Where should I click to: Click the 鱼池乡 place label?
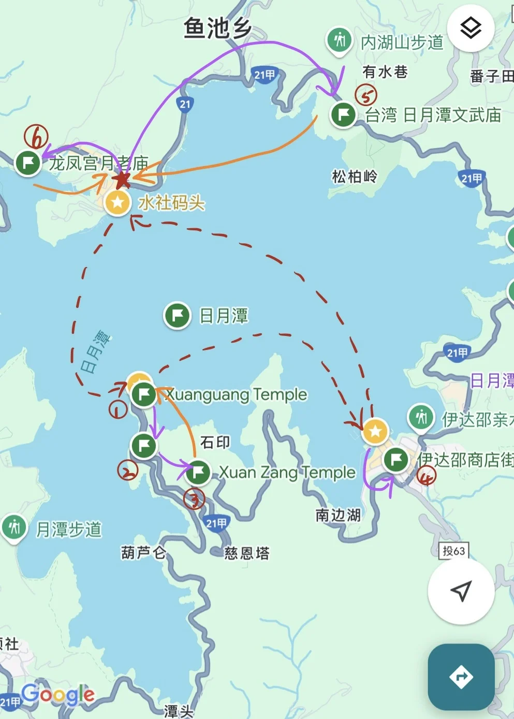217,28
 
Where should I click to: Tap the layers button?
471,28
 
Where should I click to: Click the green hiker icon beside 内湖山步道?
340,40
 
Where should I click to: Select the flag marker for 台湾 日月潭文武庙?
343,114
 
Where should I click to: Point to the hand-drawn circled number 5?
366,95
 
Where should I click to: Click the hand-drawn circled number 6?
36,137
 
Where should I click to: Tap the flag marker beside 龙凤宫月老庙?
28,163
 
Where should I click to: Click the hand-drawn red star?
122,180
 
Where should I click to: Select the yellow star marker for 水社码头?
118,202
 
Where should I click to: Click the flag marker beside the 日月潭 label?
177,315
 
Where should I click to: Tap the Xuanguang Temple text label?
237,394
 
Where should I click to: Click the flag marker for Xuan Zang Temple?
197,472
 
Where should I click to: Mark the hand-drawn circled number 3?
194,499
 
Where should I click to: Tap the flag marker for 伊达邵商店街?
396,459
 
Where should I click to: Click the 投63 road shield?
453,551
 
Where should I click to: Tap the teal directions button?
461,677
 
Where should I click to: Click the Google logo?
58,694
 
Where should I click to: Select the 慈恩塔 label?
247,553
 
